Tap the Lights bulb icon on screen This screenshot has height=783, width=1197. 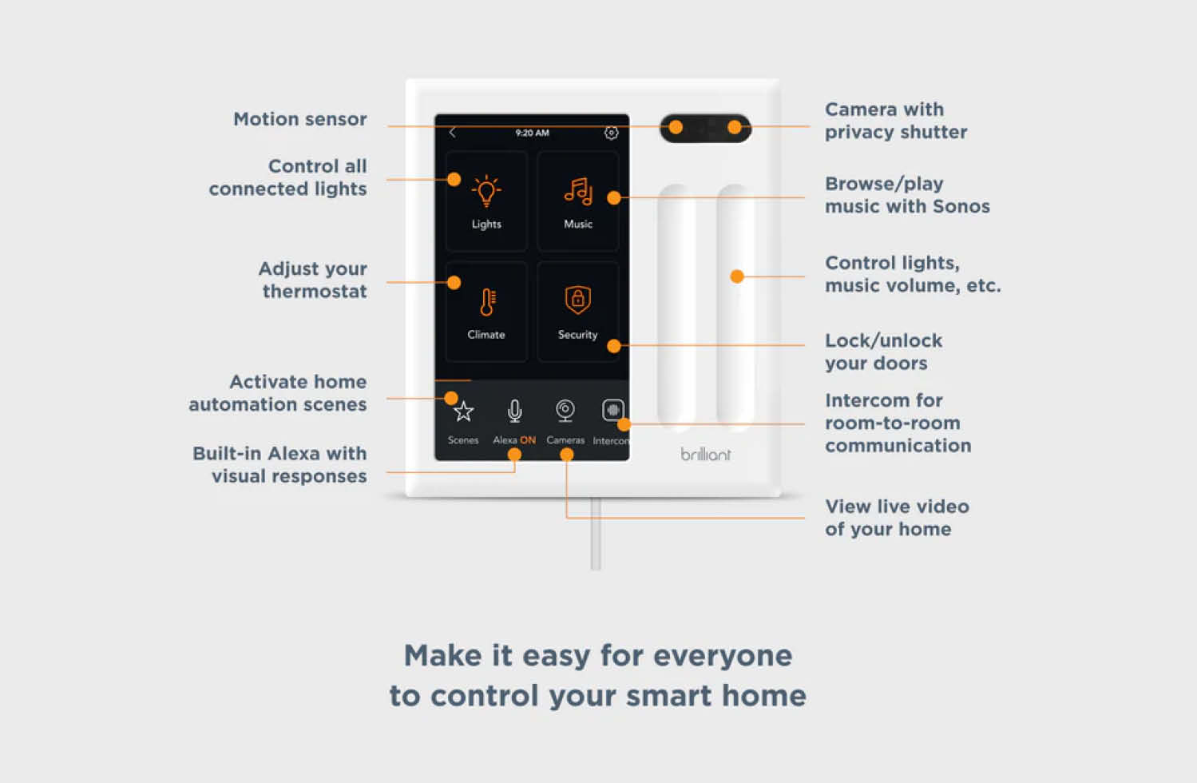pos(486,192)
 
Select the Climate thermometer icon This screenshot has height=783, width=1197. pos(487,302)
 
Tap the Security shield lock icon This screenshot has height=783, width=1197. pos(577,300)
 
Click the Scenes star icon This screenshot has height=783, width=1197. pos(463,412)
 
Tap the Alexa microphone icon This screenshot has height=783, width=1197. pos(515,411)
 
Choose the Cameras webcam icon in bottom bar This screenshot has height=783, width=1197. pos(565,411)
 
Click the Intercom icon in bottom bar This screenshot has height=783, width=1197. pos(612,411)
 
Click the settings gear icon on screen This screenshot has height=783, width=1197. pos(611,133)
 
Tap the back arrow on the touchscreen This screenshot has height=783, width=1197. pos(453,133)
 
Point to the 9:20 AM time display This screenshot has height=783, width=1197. pos(532,133)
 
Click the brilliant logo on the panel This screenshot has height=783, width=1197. pos(705,455)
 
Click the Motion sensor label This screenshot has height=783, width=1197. pos(300,119)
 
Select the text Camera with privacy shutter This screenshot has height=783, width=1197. pos(895,121)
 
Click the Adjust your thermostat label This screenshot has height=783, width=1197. pos(313,280)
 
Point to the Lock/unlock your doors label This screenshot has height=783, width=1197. pos(883,352)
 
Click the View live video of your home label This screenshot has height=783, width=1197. pos(896,518)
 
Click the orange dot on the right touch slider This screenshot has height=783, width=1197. pos(737,276)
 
